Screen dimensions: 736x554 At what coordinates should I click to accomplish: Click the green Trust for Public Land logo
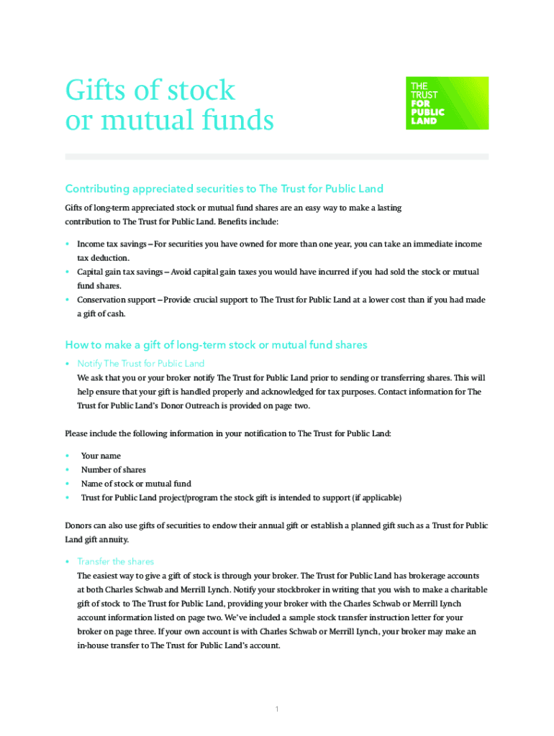447,103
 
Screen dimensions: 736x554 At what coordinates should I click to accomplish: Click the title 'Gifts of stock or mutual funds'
169,105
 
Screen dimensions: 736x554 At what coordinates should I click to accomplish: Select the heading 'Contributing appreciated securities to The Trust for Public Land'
224,189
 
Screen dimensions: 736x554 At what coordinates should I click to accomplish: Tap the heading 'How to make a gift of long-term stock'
216,345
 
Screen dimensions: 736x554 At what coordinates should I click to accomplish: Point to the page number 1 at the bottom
277,709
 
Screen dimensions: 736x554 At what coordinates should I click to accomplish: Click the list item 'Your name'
101,456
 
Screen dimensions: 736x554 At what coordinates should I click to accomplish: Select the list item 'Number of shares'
113,470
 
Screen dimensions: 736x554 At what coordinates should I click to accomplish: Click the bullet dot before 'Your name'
67,456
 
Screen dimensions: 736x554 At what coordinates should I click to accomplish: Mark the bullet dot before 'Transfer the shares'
67,561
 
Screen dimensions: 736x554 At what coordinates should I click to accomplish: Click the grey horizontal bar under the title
276,157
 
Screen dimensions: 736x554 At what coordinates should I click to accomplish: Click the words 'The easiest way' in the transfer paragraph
108,576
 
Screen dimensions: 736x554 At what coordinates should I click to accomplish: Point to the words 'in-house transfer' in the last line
109,645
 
